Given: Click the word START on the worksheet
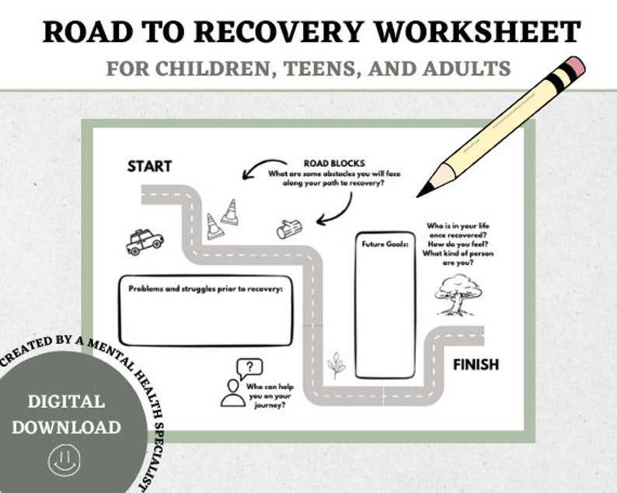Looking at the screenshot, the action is coord(149,166).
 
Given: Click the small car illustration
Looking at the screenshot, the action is coord(145,241).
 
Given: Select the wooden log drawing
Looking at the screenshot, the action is coord(289,228).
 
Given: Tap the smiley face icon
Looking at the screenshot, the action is coord(64,460).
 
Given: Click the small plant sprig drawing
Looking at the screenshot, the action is coord(336,365).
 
